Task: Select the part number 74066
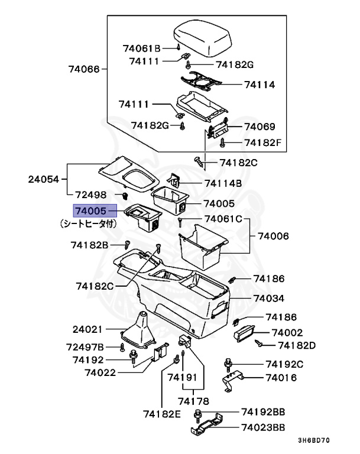(83, 69)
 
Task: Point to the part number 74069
(260, 127)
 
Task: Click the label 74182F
(264, 142)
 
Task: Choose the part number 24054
(44, 179)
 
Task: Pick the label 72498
(90, 194)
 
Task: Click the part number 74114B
(223, 183)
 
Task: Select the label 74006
(273, 235)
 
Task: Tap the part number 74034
(269, 298)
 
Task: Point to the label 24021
(88, 329)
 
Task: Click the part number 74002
(287, 333)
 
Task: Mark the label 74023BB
(263, 427)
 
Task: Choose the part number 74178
(193, 401)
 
